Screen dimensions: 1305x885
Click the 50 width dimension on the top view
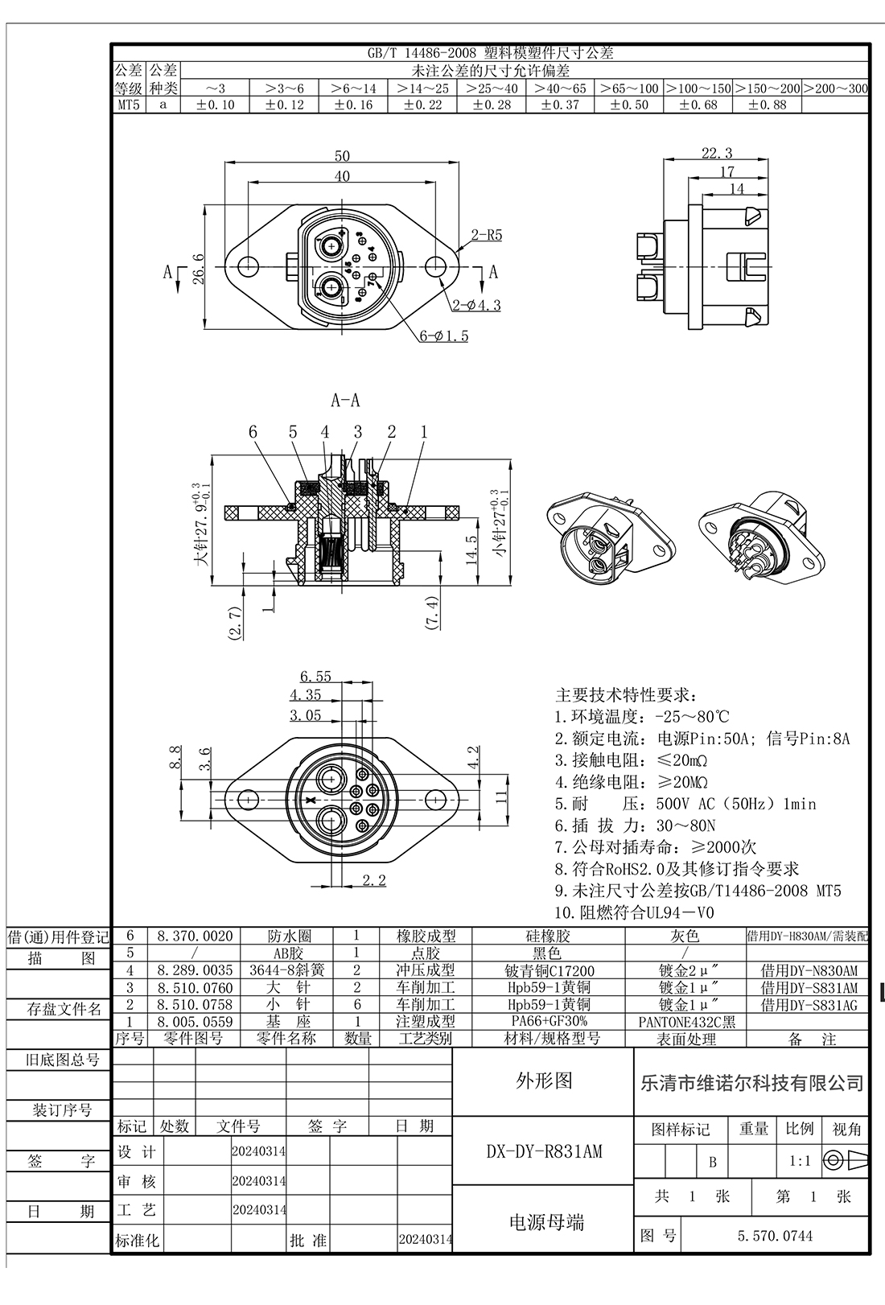tap(342, 156)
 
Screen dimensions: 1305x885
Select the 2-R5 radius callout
tap(487, 236)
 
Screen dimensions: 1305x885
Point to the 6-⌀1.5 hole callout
tap(443, 336)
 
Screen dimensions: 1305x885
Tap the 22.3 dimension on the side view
tap(716, 153)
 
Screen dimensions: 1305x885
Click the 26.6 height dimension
tap(199, 269)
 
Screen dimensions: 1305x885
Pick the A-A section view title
tap(344, 400)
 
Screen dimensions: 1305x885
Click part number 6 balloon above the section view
tap(253, 432)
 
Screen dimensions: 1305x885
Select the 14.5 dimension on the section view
tap(472, 551)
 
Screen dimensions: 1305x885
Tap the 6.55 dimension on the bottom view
tap(315, 677)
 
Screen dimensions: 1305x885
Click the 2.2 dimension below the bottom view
tap(374, 880)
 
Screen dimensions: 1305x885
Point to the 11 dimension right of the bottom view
tap(502, 797)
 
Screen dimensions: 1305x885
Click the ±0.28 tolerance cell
tap(492, 105)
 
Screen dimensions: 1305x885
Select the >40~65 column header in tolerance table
tap(561, 89)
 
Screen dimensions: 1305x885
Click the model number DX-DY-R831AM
tap(544, 1151)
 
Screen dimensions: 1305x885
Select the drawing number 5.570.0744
tap(775, 1236)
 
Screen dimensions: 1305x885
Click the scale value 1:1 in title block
tap(799, 1162)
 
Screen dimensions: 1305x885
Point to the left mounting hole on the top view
tap(249, 266)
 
